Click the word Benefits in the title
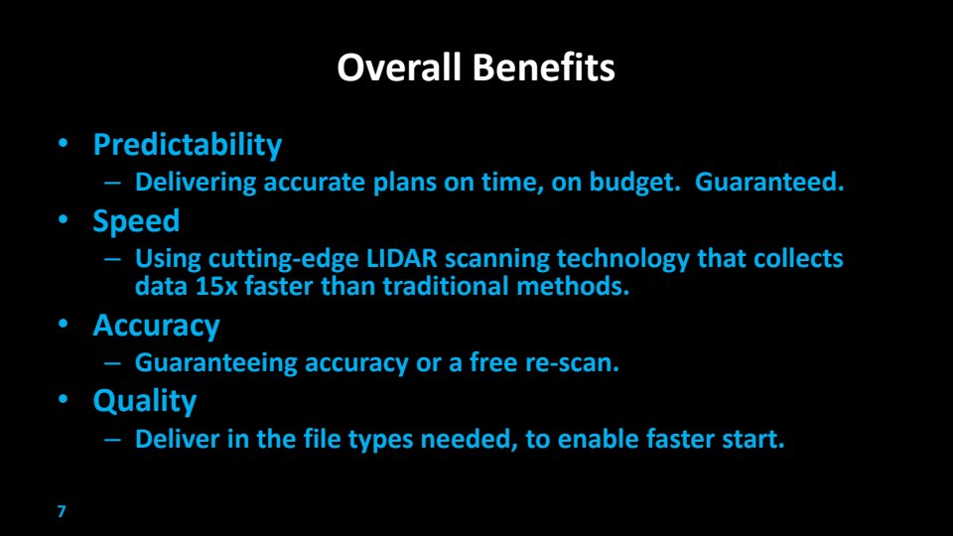coord(544,67)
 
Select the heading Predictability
coord(188,145)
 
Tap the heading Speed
coord(136,221)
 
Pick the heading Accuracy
coord(156,326)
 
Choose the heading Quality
coord(145,402)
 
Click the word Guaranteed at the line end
coord(769,182)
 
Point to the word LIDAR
coord(402,258)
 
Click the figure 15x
coord(216,286)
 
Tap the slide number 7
coord(62,511)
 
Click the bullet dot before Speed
coord(64,219)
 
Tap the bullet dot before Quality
coord(64,399)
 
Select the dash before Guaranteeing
coord(112,363)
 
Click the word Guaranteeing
coord(215,363)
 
